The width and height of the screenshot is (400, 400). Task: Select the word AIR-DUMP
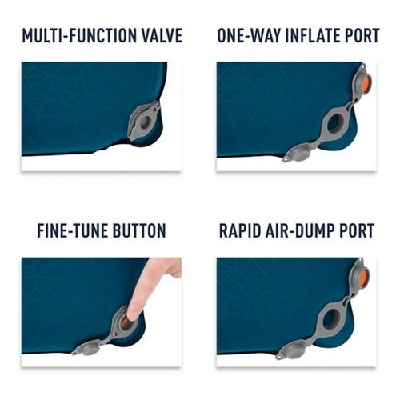click(307, 231)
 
